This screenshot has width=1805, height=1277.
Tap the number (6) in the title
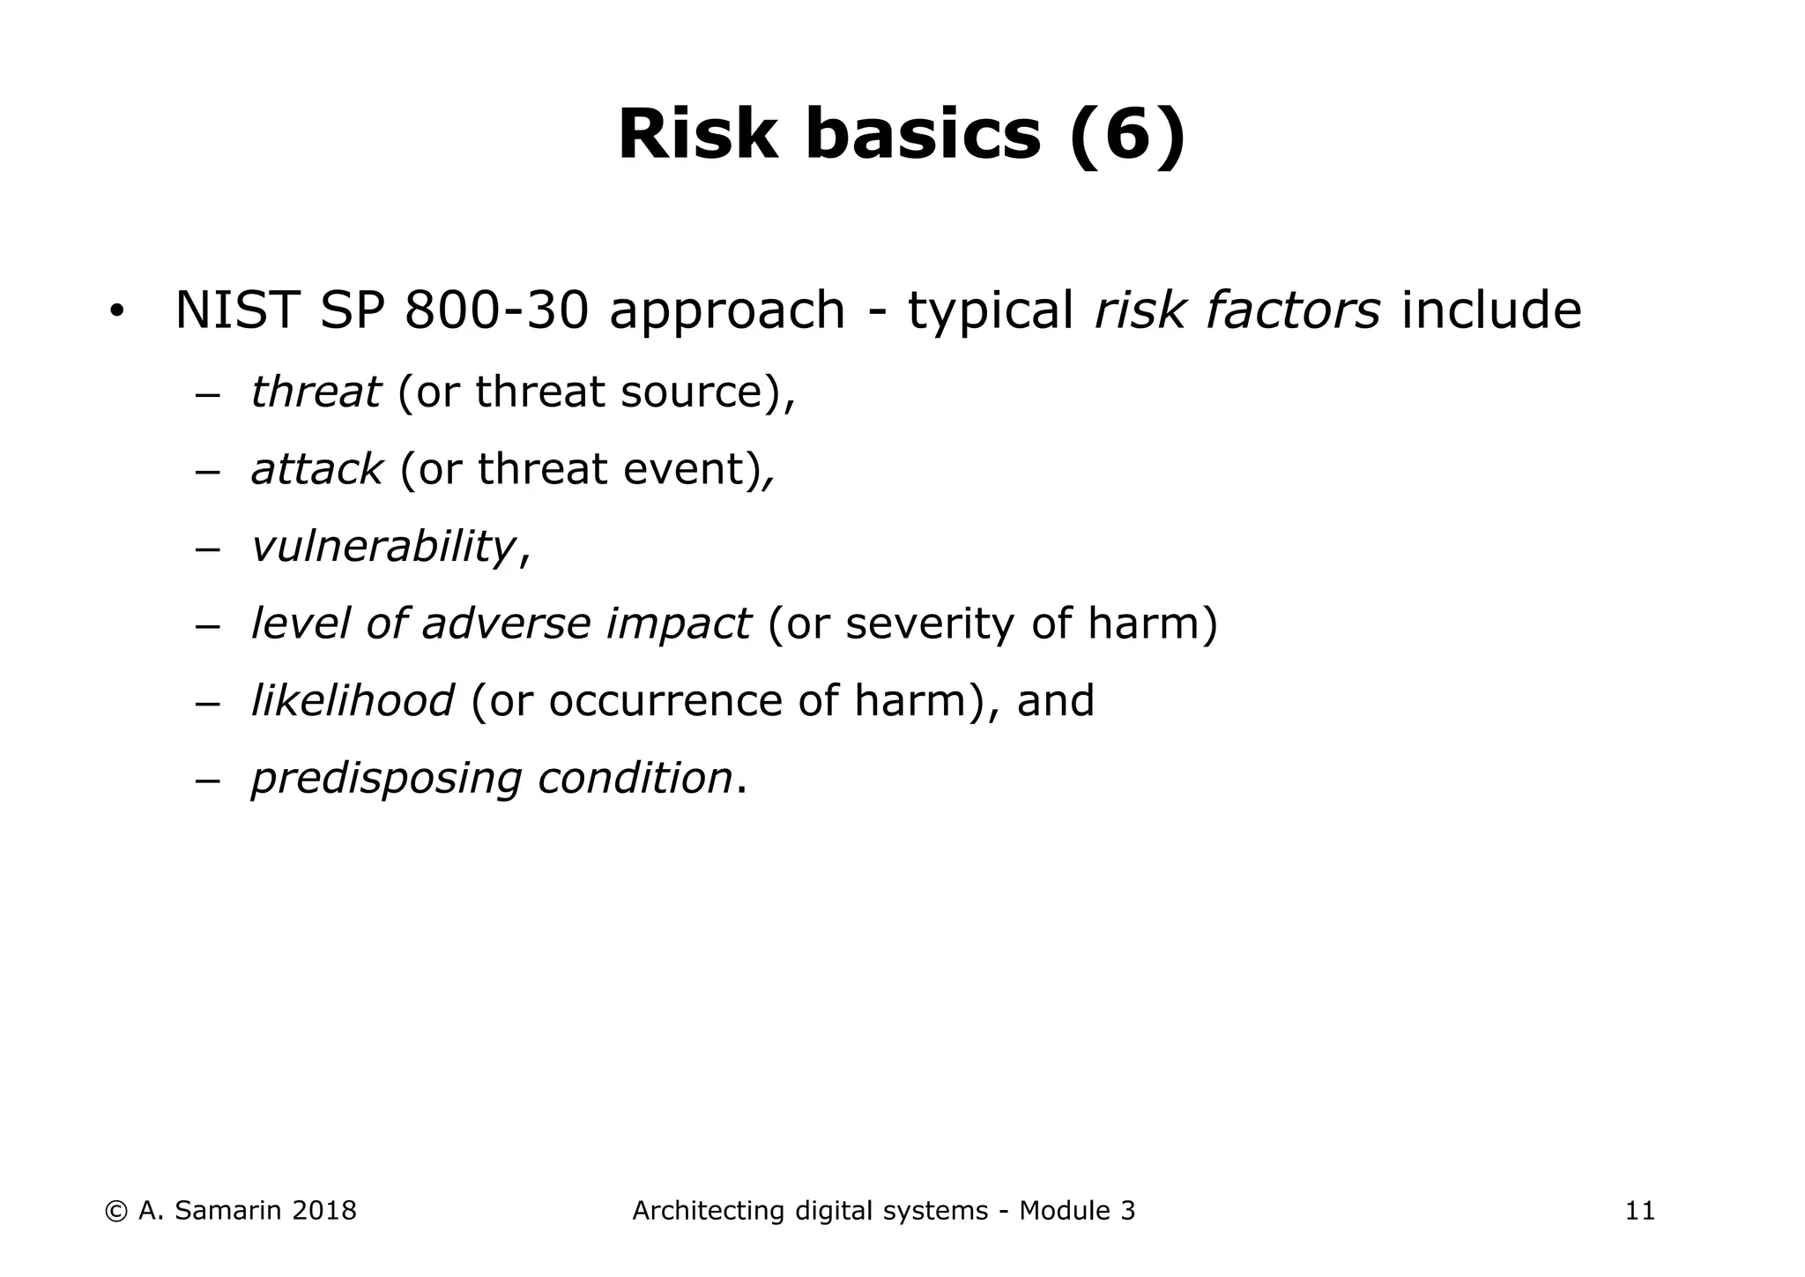pyautogui.click(x=1127, y=135)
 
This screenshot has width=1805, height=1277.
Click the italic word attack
pyautogui.click(x=316, y=469)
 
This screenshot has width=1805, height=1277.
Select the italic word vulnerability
pyautogui.click(x=383, y=546)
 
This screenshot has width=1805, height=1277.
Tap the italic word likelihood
pyautogui.click(x=353, y=700)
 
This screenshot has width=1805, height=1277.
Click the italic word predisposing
pyautogui.click(x=386, y=779)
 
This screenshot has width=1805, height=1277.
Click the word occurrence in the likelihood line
pyautogui.click(x=665, y=701)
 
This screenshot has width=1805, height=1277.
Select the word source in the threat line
pyautogui.click(x=695, y=392)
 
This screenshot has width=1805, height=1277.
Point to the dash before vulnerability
pyautogui.click(x=206, y=548)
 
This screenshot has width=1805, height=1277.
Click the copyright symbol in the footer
pyautogui.click(x=115, y=1212)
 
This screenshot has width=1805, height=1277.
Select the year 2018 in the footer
pyautogui.click(x=323, y=1211)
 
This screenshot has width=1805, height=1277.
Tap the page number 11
pyautogui.click(x=1639, y=1212)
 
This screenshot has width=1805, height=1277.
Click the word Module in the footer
pyautogui.click(x=1065, y=1211)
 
